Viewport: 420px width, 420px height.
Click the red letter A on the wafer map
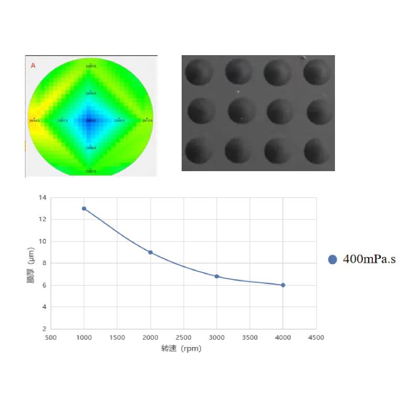click(33, 66)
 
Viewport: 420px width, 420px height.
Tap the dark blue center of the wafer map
click(90, 120)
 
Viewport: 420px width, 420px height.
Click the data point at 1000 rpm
click(84, 208)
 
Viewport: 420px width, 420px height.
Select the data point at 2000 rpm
click(150, 253)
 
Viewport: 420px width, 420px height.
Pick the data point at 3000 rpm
click(217, 276)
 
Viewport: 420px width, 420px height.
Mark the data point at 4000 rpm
click(283, 285)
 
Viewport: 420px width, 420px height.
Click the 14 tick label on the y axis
click(43, 197)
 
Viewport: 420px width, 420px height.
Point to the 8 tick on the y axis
click(44, 263)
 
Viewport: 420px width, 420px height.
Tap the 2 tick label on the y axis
click(44, 329)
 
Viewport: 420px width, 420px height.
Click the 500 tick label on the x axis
click(51, 338)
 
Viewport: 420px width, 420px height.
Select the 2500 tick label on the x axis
click(183, 338)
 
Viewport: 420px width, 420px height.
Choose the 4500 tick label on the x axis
click(316, 338)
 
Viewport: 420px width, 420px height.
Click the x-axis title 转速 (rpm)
click(181, 349)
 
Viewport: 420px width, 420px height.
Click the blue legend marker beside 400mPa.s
click(332, 259)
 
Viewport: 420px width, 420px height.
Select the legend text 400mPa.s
click(369, 259)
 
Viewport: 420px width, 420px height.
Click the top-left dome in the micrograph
click(199, 71)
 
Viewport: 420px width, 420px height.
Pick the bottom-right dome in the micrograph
click(317, 150)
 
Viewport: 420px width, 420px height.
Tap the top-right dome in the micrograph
click(317, 71)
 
